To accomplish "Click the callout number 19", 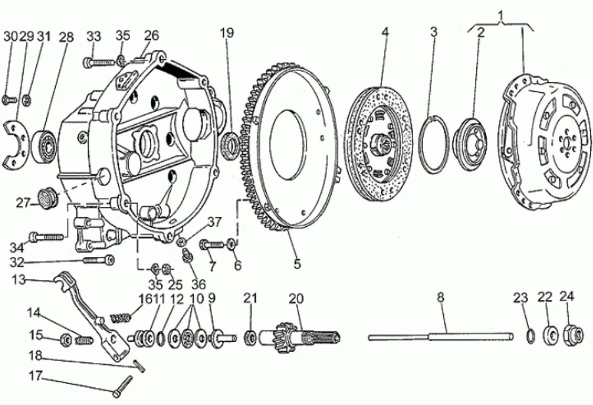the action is [x=227, y=33].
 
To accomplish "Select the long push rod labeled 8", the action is [x=441, y=336].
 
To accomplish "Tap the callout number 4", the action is [x=385, y=32].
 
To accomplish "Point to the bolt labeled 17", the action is [x=123, y=386].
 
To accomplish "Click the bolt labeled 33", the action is [x=99, y=61].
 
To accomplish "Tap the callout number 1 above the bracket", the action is [x=500, y=16].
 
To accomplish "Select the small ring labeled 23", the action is [x=531, y=336].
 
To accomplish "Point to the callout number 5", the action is [x=297, y=264].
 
